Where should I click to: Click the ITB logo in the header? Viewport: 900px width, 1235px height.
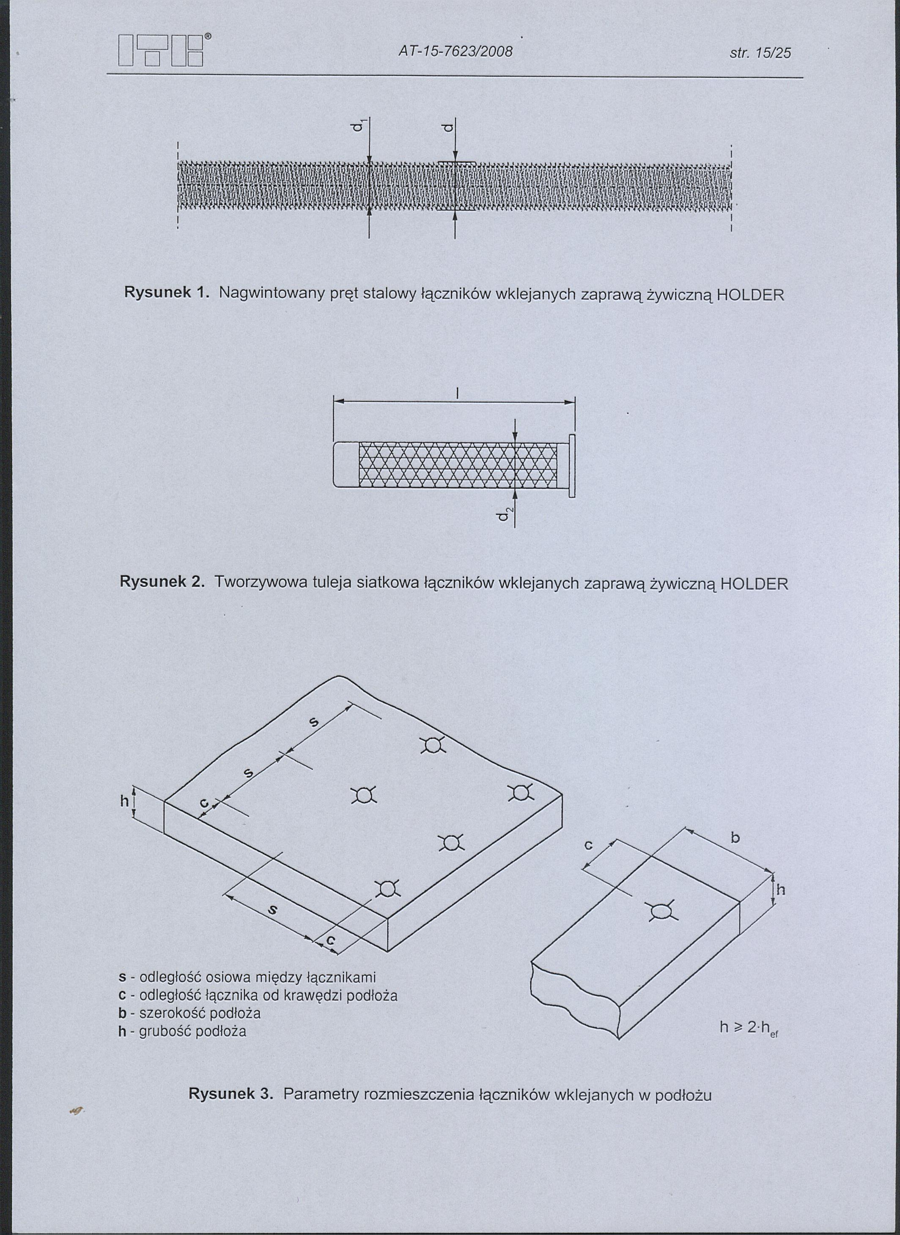(x=161, y=51)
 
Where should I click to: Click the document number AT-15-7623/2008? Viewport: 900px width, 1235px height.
(x=455, y=52)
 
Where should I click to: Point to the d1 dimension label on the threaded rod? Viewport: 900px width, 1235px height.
(x=357, y=127)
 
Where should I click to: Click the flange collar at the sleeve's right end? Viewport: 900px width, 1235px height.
(x=571, y=466)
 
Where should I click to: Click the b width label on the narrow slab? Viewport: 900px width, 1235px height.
(x=735, y=838)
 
